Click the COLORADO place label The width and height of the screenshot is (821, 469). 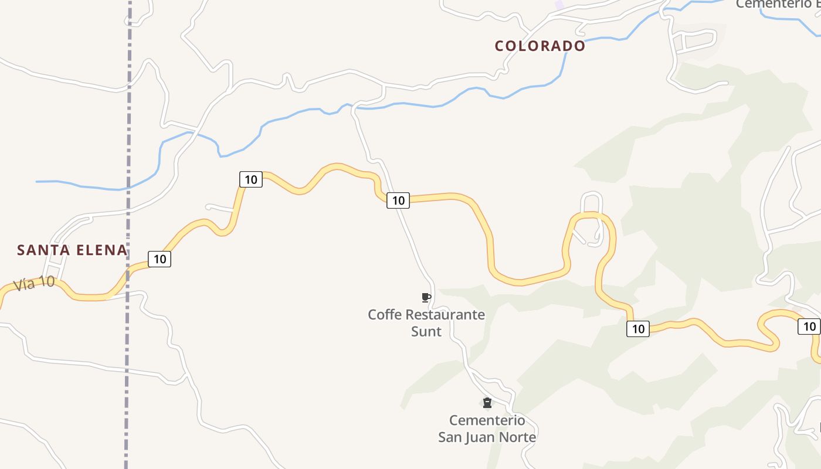tap(540, 46)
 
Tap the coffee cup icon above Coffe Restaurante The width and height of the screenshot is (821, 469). tap(426, 298)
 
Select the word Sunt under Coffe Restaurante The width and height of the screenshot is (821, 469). tap(426, 331)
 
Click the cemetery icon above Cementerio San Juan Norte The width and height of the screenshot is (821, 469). tap(487, 403)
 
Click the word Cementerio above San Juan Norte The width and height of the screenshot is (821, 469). tap(487, 420)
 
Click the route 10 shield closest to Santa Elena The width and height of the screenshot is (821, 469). tap(160, 259)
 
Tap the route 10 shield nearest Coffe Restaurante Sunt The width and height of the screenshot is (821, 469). tap(398, 200)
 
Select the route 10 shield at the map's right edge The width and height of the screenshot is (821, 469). tap(809, 327)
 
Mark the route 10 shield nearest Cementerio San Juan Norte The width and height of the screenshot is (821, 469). tap(638, 329)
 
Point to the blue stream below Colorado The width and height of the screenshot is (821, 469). tap(516, 91)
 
